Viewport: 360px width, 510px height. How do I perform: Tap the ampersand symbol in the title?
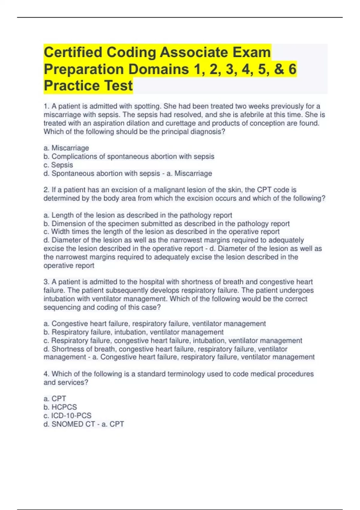(x=279, y=69)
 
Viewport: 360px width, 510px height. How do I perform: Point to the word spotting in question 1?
(x=147, y=106)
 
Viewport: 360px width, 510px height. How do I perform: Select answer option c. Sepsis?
(x=58, y=165)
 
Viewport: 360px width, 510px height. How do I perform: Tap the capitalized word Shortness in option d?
(x=68, y=349)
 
